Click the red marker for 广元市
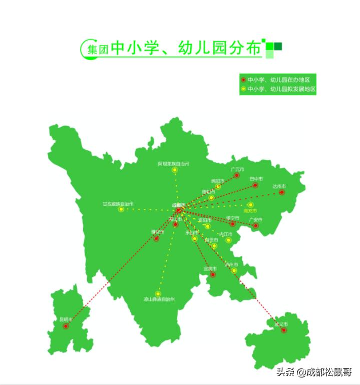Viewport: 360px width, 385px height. click(237, 176)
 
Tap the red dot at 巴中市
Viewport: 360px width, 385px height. click(255, 185)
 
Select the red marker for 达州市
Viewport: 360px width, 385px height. click(282, 192)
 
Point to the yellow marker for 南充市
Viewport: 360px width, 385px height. click(250, 205)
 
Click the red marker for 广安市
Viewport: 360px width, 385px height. click(256, 226)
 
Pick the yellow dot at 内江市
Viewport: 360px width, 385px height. click(228, 240)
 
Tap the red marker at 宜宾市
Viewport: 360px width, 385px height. click(213, 274)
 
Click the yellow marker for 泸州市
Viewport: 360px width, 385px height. click(234, 271)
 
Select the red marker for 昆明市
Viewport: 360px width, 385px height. click(66, 326)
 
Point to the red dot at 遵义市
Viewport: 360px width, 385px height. click(284, 330)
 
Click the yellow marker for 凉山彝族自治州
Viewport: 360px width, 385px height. click(158, 294)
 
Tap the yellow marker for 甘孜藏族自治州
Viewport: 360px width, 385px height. click(121, 209)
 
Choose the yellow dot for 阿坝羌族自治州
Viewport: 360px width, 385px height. click(175, 170)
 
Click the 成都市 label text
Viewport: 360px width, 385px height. click(178, 205)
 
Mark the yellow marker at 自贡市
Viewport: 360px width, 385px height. click(214, 246)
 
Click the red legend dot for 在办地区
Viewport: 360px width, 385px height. click(243, 80)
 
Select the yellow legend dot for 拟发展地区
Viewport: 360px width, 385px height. click(243, 89)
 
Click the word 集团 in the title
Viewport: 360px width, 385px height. click(98, 50)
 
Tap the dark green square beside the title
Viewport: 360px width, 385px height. click(278, 46)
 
